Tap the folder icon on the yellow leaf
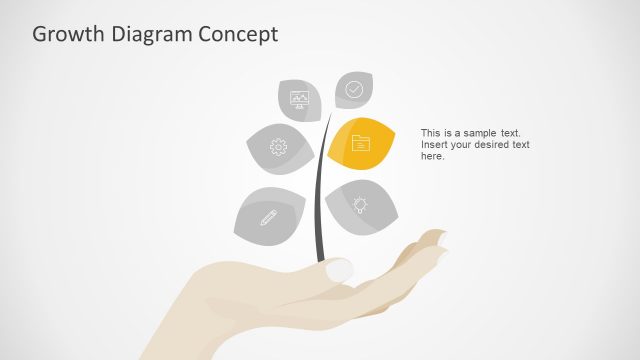(x=361, y=144)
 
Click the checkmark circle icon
(x=354, y=89)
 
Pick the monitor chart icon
(x=299, y=98)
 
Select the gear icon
(x=278, y=147)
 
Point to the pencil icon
(x=268, y=216)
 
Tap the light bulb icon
(x=360, y=204)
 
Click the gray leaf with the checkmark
(x=354, y=90)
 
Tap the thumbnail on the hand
(x=340, y=270)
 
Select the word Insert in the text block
(x=435, y=145)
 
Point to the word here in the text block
(x=432, y=157)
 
